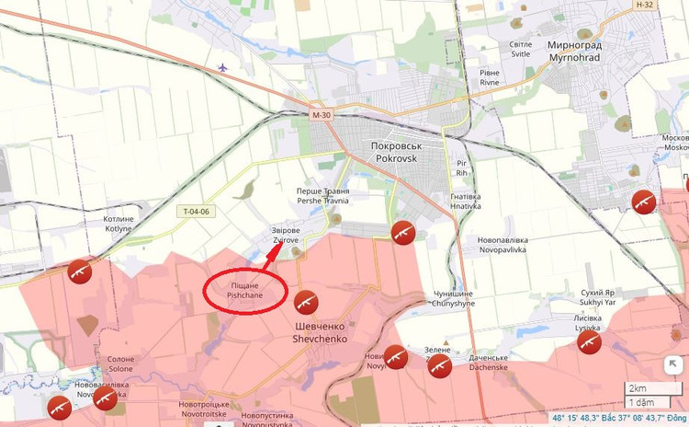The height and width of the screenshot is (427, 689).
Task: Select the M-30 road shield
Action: (x=321, y=115)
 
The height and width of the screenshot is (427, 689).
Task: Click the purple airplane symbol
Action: (x=223, y=67)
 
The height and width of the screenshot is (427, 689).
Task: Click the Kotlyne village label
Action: (x=119, y=225)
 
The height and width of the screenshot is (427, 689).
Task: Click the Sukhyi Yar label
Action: (x=598, y=297)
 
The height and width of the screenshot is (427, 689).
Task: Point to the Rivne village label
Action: (x=490, y=77)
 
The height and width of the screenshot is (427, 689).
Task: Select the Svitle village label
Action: (x=521, y=50)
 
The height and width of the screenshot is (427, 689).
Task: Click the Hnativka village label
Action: (x=466, y=201)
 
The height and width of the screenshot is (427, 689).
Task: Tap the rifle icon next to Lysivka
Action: (x=589, y=342)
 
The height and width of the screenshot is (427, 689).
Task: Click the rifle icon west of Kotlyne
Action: (x=80, y=271)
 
